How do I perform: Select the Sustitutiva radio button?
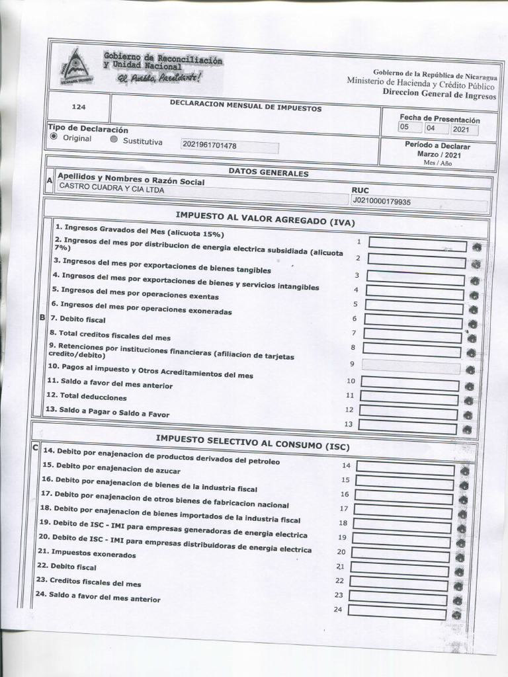pyautogui.click(x=114, y=140)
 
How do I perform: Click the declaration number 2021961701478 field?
pyautogui.click(x=229, y=146)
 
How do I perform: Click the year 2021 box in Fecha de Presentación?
pyautogui.click(x=463, y=130)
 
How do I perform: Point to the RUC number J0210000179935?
pyautogui.click(x=381, y=201)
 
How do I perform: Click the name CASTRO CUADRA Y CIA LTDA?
pyautogui.click(x=111, y=189)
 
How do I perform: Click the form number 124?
pyautogui.click(x=78, y=106)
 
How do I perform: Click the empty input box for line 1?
pyautogui.click(x=417, y=246)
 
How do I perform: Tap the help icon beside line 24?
pyautogui.click(x=456, y=615)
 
